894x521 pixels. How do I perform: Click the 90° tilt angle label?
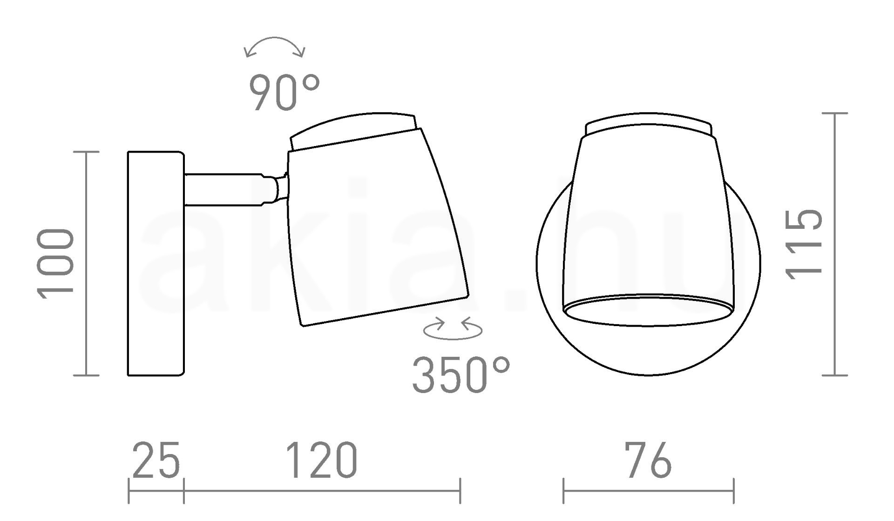(285, 93)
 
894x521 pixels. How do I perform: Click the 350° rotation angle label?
(461, 375)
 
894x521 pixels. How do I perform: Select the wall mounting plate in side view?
(156, 263)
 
